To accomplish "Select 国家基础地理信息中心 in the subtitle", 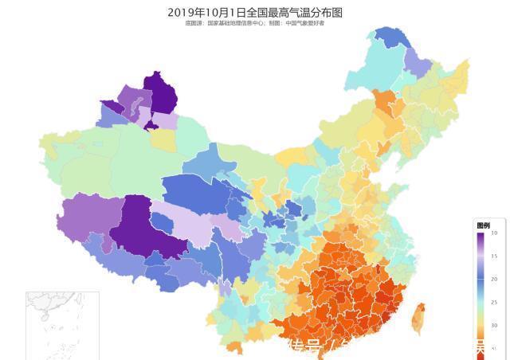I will [240, 23].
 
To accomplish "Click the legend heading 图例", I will [483, 225].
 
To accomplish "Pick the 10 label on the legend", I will [494, 233].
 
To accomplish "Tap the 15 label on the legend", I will [494, 256].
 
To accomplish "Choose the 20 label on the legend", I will [494, 279].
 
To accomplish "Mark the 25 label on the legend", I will [494, 302].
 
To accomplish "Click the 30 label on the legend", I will [494, 325].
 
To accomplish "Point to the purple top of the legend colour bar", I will [482, 236].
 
